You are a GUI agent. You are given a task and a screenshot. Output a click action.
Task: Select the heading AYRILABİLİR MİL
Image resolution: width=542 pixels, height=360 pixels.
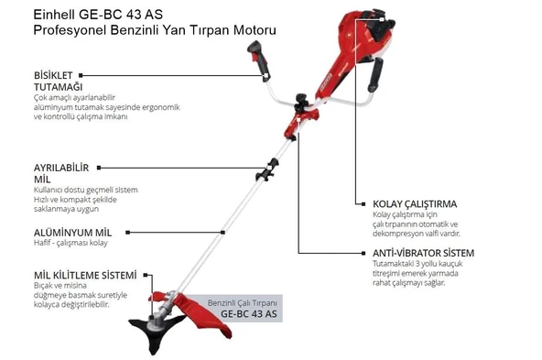tap(60, 174)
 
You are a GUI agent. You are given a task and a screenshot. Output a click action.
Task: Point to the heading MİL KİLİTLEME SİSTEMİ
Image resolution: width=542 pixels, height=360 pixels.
tap(84, 275)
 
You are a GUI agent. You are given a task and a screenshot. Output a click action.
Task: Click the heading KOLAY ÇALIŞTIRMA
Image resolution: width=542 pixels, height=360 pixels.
tap(415, 203)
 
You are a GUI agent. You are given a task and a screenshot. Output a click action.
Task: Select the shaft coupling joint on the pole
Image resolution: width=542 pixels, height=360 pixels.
tap(270, 169)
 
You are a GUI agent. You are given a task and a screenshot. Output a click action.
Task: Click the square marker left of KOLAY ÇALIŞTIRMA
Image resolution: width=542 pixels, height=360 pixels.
tap(361, 203)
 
